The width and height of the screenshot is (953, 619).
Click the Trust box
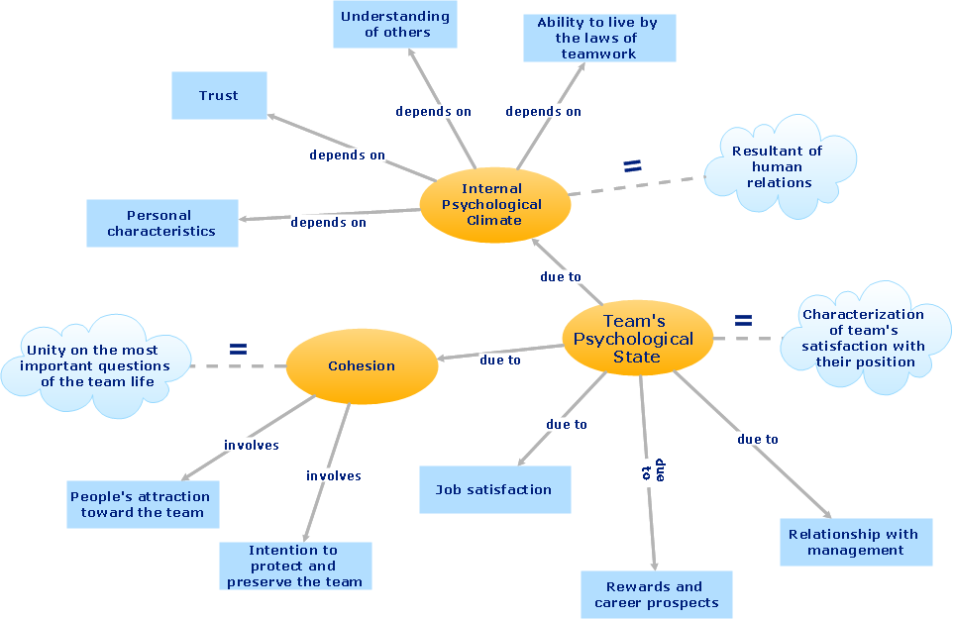click(x=219, y=95)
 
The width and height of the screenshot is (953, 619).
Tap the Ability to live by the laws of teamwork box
click(x=599, y=38)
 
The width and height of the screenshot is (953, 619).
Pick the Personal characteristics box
click(x=161, y=223)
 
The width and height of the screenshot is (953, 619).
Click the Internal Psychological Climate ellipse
click(x=493, y=204)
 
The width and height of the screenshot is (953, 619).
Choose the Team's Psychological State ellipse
click(x=636, y=338)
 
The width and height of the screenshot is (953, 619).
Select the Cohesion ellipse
click(x=362, y=365)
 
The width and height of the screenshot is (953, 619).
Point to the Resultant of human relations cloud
click(x=778, y=166)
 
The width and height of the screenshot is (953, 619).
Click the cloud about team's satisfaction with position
click(x=863, y=338)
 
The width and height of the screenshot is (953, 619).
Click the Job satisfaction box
click(x=494, y=489)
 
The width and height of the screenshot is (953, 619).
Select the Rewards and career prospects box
click(x=655, y=594)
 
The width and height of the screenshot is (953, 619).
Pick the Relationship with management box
click(x=855, y=542)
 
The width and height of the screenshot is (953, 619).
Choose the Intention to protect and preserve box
click(x=294, y=566)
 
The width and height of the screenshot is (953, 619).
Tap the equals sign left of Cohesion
click(x=238, y=349)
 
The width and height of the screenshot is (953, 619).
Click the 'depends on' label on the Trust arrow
click(x=347, y=155)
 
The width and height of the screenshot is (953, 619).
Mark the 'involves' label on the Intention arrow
click(x=334, y=475)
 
